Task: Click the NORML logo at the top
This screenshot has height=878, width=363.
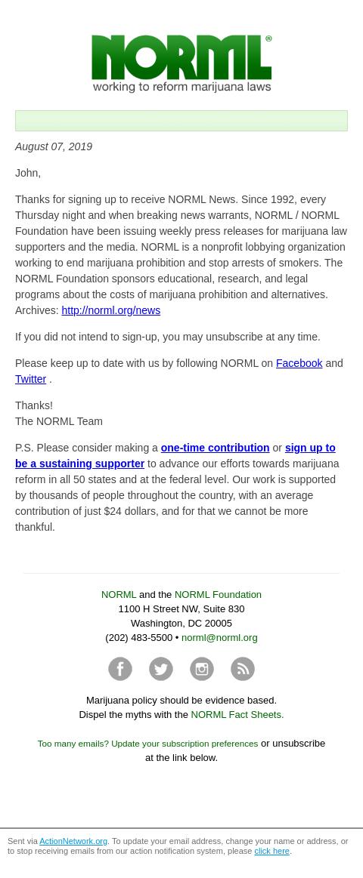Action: (181, 63)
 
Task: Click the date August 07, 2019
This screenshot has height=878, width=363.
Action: (54, 146)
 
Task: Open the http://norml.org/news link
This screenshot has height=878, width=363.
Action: (110, 310)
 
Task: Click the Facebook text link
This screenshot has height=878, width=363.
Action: (299, 363)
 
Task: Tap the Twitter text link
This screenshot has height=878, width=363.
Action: (30, 379)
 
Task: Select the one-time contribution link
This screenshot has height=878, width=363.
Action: (215, 448)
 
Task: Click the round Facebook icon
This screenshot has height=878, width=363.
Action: (120, 669)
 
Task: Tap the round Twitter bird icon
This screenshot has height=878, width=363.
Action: (161, 669)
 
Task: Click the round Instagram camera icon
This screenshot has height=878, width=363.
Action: (202, 669)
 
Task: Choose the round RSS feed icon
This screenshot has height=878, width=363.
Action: (243, 669)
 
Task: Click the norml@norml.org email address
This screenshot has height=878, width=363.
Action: (219, 637)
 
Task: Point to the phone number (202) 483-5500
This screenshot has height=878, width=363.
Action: (138, 637)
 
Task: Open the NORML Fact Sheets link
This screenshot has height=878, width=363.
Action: (237, 714)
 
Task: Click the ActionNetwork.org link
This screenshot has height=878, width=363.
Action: (73, 841)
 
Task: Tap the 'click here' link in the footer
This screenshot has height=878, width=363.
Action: (271, 851)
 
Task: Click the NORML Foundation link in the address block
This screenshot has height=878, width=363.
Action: (218, 594)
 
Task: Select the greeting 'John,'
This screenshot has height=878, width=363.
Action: (28, 173)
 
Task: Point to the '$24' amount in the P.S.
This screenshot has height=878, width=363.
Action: (113, 511)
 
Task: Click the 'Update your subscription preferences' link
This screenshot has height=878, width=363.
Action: (185, 744)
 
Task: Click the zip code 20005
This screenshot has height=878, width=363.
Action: (219, 623)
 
